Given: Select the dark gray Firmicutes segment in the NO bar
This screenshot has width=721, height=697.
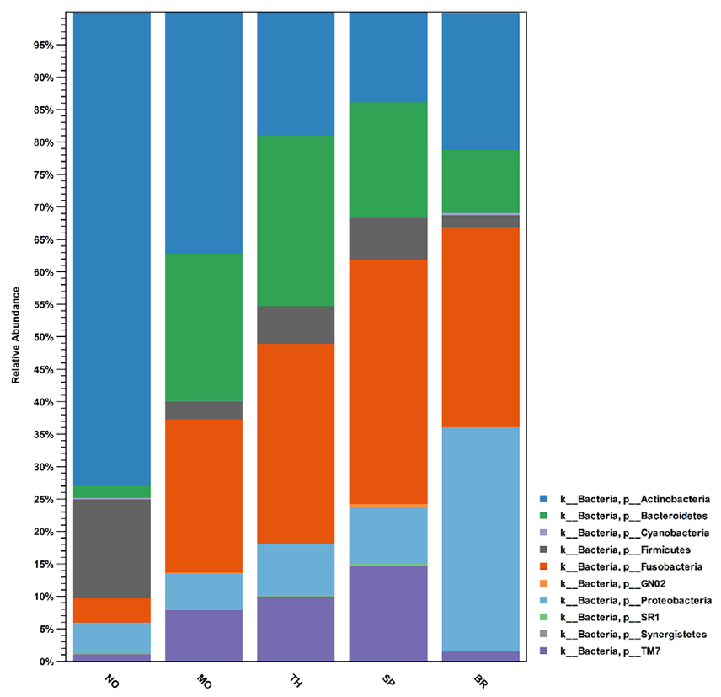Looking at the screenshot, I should (x=111, y=548).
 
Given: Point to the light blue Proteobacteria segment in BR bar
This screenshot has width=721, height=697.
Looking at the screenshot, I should (x=480, y=539).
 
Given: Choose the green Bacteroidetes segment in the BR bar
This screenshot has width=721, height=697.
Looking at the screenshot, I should (x=480, y=181).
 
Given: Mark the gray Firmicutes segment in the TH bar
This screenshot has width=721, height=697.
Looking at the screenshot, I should (x=296, y=324).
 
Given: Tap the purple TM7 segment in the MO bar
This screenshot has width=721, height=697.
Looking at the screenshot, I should (x=203, y=635).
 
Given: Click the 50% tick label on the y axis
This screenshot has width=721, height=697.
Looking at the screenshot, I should (x=43, y=337).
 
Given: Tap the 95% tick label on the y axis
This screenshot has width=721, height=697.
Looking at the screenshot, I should (x=43, y=46).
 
